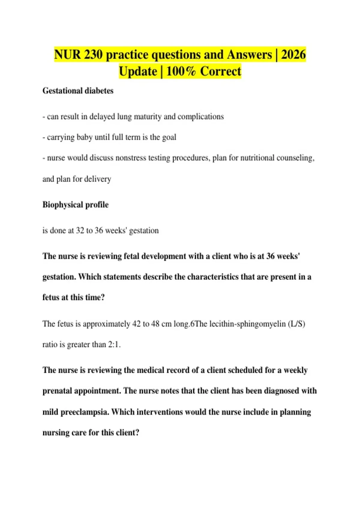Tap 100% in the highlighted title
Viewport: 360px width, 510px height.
click(181, 72)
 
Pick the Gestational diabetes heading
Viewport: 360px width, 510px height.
click(78, 91)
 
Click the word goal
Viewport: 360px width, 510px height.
click(169, 137)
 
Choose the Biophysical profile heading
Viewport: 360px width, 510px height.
click(75, 205)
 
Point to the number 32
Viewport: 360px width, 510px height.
click(80, 230)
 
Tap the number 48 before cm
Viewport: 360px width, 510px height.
click(155, 324)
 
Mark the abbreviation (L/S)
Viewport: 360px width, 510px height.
click(296, 324)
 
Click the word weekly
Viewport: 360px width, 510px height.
click(295, 370)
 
